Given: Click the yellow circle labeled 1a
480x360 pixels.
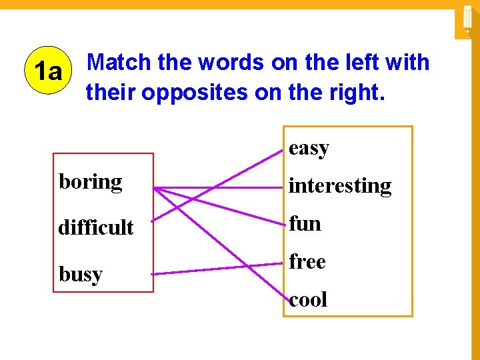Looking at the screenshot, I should tap(47, 71).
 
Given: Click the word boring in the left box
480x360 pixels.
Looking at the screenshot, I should tap(91, 182).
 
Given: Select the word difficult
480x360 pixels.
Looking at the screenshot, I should tap(96, 227).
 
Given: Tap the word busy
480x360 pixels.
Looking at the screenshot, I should tap(81, 274).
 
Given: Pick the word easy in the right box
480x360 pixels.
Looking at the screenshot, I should tap(309, 148).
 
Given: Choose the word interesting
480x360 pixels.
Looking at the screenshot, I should tap(340, 185).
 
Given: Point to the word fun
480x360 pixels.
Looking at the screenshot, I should tap(305, 223).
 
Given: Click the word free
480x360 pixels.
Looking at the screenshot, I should tap(307, 262).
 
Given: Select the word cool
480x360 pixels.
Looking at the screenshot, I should tap(308, 299).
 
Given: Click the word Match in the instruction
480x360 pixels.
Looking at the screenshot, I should tap(120, 63).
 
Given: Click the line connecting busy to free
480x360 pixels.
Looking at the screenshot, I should tap(220, 269).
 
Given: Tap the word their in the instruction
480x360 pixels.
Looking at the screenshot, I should tap(110, 93).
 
